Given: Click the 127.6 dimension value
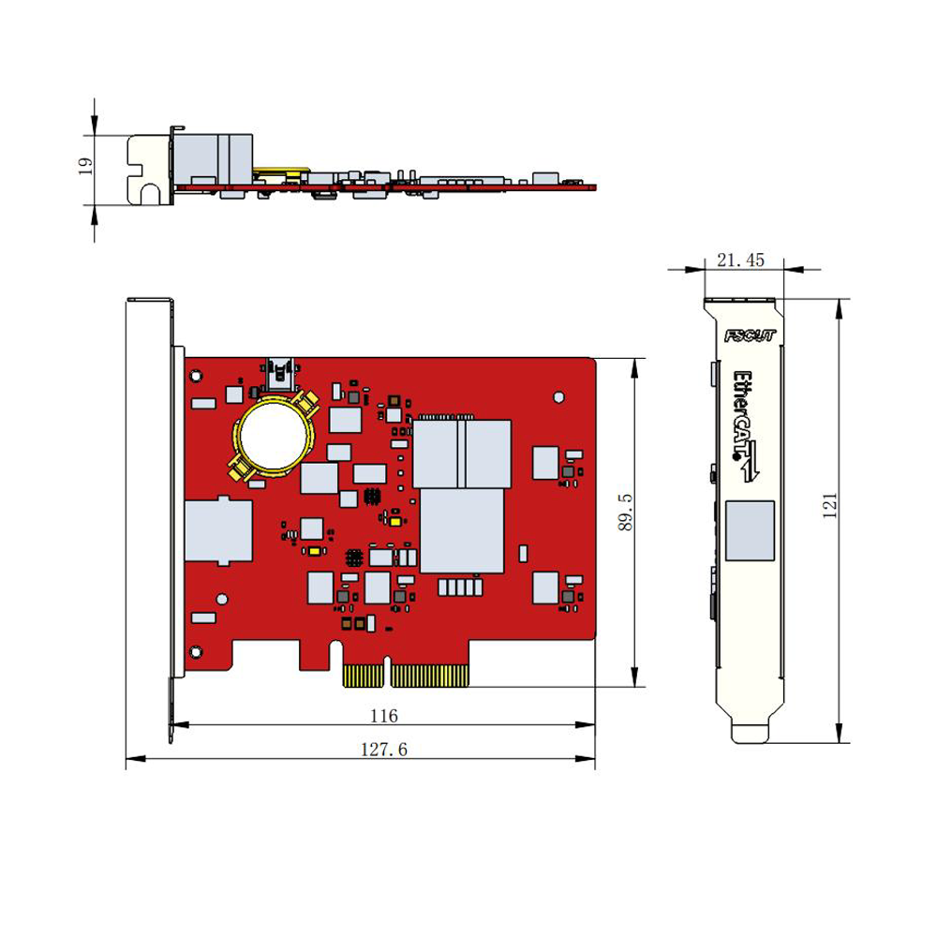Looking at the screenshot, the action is click(383, 750).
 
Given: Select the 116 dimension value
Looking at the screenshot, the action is click(383, 715).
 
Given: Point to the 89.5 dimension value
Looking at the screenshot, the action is click(625, 512).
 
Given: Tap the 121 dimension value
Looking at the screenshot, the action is click(830, 506).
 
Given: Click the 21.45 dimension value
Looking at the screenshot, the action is click(740, 260).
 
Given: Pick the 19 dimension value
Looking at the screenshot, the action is click(85, 166).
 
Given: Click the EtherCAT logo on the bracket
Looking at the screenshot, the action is click(746, 424).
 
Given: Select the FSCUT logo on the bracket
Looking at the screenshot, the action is click(750, 335).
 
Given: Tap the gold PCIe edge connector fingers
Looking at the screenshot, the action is click(406, 675).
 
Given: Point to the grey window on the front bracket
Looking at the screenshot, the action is click(750, 530).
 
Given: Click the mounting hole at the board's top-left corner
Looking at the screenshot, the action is click(196, 376).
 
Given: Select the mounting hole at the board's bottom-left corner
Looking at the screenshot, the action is click(196, 652).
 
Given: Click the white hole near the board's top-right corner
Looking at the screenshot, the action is click(558, 396).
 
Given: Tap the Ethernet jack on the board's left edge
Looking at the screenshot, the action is click(218, 530).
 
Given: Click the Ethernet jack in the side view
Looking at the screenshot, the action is click(213, 159).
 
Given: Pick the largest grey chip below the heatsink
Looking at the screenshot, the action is click(462, 531).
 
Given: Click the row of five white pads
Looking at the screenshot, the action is click(460, 587).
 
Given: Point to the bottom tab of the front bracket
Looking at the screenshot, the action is click(750, 734).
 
